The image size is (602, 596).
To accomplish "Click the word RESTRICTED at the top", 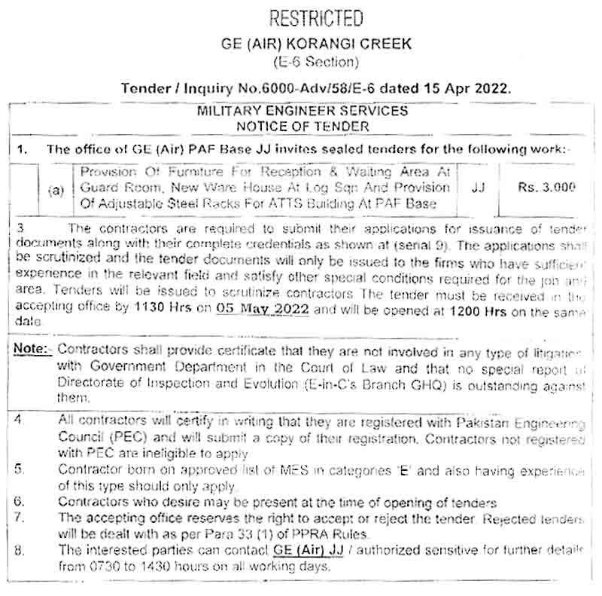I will click(305, 18).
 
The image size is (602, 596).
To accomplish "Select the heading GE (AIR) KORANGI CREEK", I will click(305, 44).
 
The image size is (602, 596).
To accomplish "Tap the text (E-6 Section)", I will click(305, 62).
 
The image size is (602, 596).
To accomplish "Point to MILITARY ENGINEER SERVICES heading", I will click(303, 111).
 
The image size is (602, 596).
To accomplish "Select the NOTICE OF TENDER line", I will click(303, 126).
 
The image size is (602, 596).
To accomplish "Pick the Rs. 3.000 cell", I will click(547, 188).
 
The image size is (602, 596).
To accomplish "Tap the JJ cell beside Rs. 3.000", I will click(478, 188).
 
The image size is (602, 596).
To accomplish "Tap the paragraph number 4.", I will click(20, 420).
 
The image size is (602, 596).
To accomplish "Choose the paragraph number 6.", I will click(20, 501).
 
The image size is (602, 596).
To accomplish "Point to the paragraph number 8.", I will click(20, 550).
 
